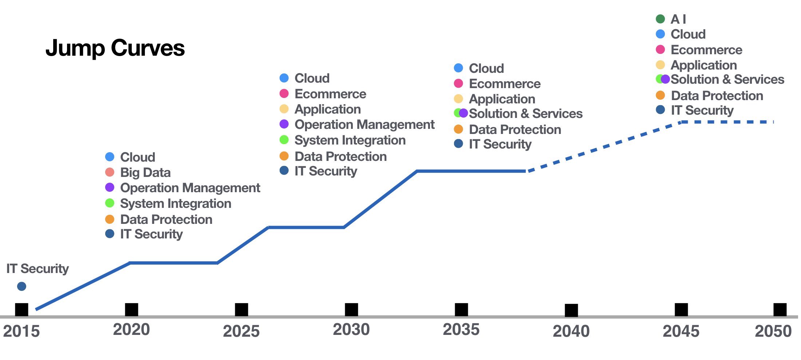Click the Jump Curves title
click(x=115, y=48)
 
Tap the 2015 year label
click(x=21, y=331)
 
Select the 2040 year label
click(x=571, y=331)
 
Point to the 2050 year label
click(x=773, y=331)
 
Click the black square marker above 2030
click(x=351, y=310)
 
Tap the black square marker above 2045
click(x=681, y=310)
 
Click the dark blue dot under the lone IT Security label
click(x=21, y=286)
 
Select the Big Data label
click(x=145, y=172)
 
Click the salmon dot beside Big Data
click(x=110, y=172)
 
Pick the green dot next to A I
click(x=660, y=19)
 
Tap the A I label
click(x=678, y=19)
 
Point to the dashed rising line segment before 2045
click(x=604, y=146)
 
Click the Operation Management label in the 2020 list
click(x=190, y=188)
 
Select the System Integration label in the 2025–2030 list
click(x=350, y=140)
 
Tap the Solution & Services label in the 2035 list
click(x=526, y=114)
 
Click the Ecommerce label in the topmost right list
click(x=706, y=50)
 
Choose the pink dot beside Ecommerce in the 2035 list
click(x=458, y=83)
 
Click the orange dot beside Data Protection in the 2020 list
click(x=110, y=219)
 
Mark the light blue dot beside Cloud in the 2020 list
click(x=110, y=157)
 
